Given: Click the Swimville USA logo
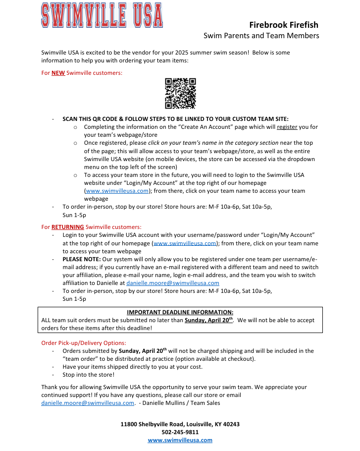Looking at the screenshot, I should [x=102, y=15].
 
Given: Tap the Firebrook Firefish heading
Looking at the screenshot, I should [x=284, y=25].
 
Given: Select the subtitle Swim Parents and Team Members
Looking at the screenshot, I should [x=261, y=36].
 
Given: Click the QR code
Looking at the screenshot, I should [x=180, y=93].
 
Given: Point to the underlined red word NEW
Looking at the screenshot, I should [x=58, y=73].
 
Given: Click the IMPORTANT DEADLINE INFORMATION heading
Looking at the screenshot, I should [x=180, y=312].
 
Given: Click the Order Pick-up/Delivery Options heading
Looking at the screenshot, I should [x=84, y=342].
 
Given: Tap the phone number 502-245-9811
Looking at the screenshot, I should [x=180, y=432].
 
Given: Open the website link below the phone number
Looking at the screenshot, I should [x=180, y=440].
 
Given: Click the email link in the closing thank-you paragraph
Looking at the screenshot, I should [x=88, y=403].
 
